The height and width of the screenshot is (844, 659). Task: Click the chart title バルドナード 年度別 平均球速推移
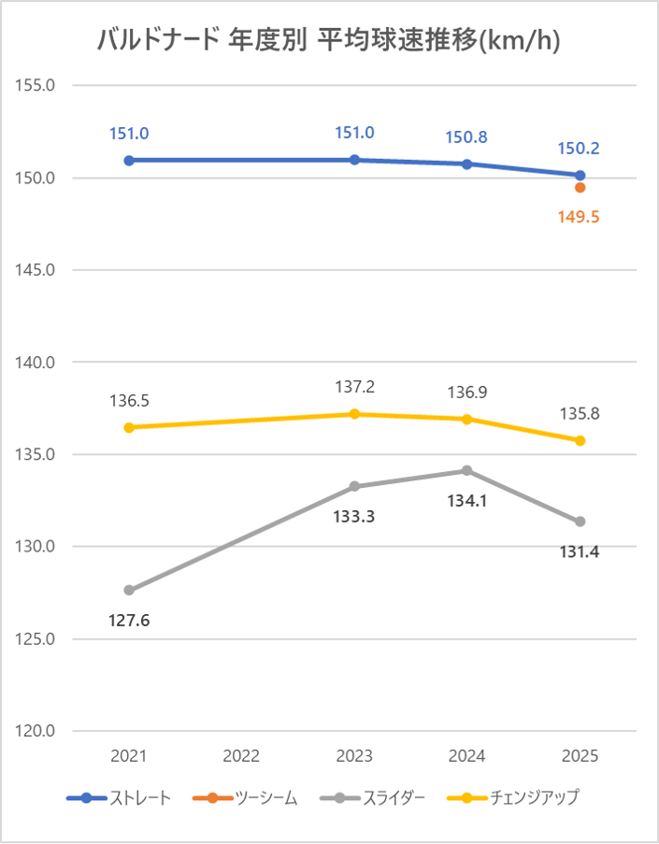pyautogui.click(x=329, y=40)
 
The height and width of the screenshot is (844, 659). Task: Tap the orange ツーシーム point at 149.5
pyautogui.click(x=580, y=188)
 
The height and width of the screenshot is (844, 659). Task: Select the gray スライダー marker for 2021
pyautogui.click(x=129, y=591)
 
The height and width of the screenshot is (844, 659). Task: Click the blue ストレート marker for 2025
pyautogui.click(x=580, y=175)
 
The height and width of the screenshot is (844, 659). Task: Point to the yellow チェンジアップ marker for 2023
pyautogui.click(x=354, y=414)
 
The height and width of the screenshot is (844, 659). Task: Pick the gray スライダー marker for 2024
pyautogui.click(x=466, y=471)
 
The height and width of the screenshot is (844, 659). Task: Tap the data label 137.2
pyautogui.click(x=354, y=386)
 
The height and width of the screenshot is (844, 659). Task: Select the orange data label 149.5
pyautogui.click(x=580, y=217)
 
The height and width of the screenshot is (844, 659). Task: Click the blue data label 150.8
pyautogui.click(x=466, y=137)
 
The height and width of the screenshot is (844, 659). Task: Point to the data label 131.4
pyautogui.click(x=580, y=551)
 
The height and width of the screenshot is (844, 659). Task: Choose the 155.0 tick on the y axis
pyautogui.click(x=36, y=86)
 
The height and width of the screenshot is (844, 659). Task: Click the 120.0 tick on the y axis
pyautogui.click(x=36, y=732)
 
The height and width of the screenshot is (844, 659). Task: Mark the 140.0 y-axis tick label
pyautogui.click(x=36, y=363)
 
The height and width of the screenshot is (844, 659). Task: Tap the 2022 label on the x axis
pyautogui.click(x=241, y=756)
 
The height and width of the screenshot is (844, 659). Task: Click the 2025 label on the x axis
pyautogui.click(x=580, y=756)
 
